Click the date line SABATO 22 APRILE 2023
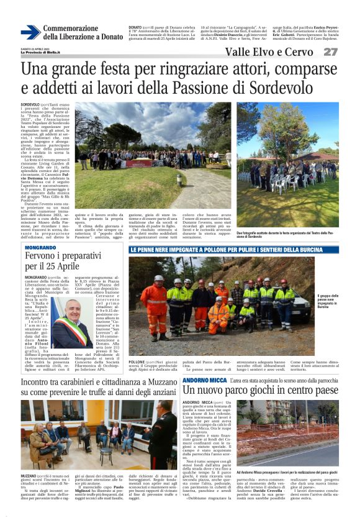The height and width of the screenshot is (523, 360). coord(38,49)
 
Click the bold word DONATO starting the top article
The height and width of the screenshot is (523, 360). coord(135,28)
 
